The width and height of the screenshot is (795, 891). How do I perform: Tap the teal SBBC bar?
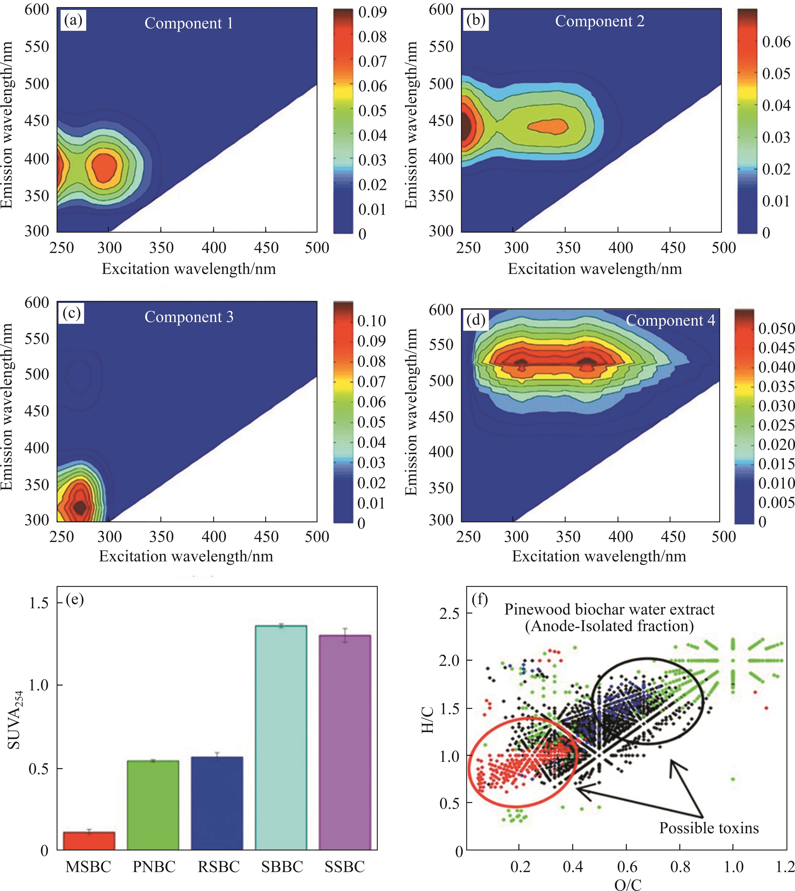pos(281,737)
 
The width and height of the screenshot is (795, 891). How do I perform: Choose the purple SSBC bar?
pos(345,742)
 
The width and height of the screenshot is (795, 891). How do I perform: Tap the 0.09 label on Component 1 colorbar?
pos(372,12)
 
